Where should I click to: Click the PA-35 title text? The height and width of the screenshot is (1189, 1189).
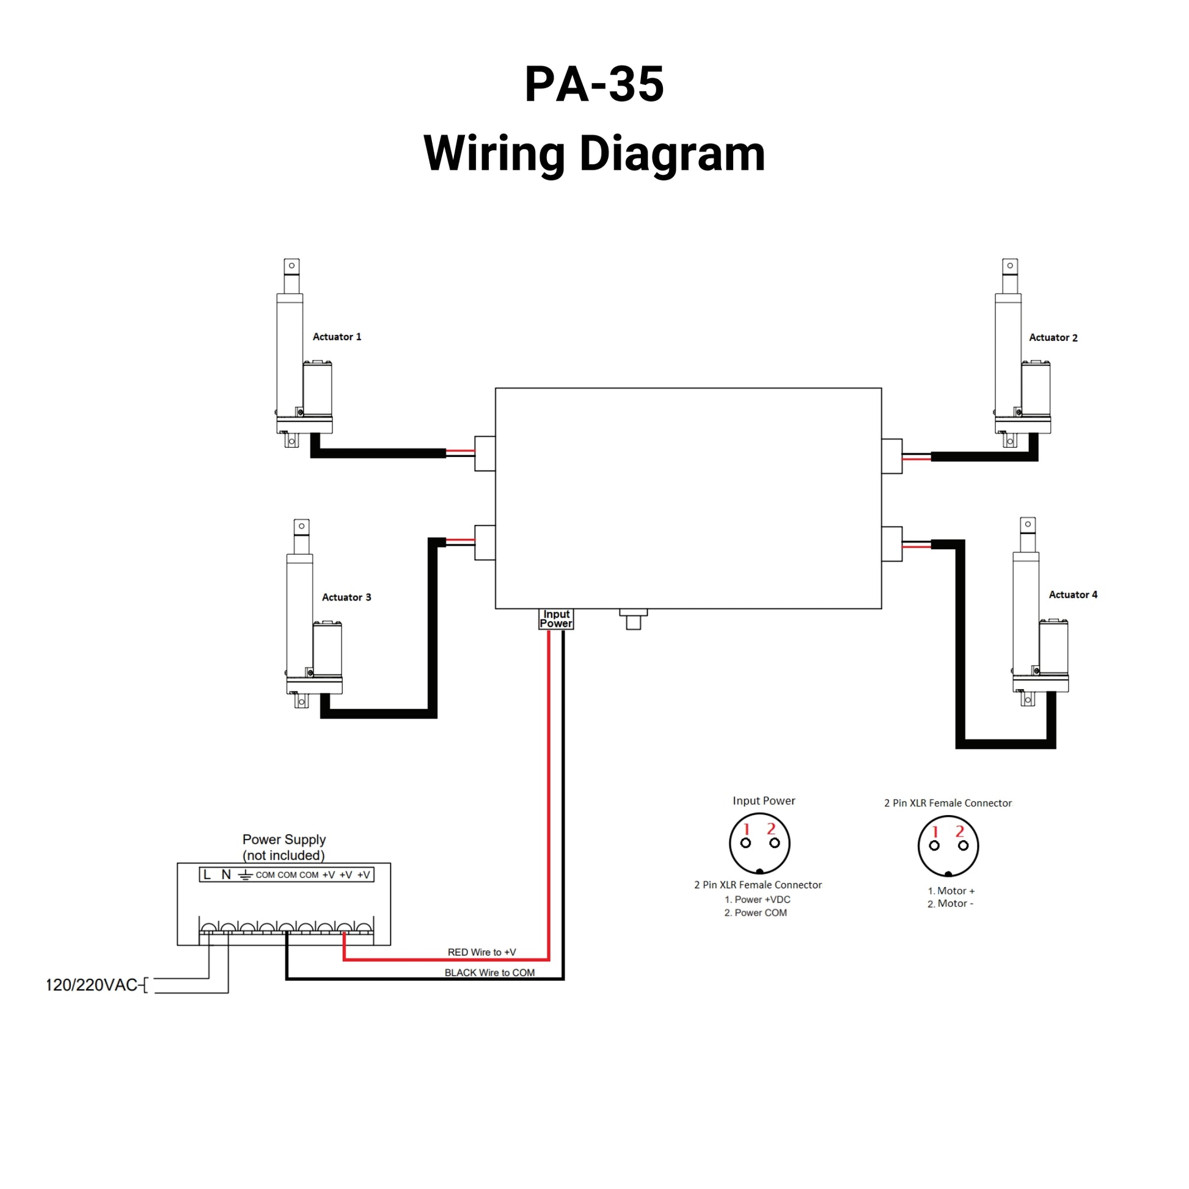pos(594,84)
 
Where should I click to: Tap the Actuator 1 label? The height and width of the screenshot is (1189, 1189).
pos(337,337)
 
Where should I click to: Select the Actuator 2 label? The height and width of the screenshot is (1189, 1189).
pos(1053,338)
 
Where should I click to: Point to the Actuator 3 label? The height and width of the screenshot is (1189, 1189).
pos(346,597)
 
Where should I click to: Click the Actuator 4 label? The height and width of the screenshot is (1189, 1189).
pos(1073,594)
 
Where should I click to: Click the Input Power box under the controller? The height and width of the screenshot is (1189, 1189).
pos(556,618)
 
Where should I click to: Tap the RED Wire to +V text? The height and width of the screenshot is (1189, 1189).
pos(481,952)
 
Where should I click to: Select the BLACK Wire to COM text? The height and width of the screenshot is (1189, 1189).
pos(489,972)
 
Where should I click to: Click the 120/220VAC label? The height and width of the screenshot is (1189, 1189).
pos(92,985)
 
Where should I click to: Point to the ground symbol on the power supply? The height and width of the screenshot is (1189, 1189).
pos(246,874)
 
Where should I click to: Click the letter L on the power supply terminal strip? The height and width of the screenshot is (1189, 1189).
pos(207,874)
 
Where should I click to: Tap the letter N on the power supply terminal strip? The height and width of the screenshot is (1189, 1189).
pos(226,874)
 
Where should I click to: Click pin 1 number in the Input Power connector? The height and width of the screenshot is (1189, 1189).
pos(747,829)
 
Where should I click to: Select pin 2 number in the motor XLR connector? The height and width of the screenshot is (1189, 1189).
pos(959,832)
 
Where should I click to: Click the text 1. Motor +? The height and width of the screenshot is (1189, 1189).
pos(951,890)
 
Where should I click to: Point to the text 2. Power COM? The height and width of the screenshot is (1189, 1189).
pos(755,913)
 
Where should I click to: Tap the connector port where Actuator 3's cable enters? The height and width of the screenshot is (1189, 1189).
pos(485,542)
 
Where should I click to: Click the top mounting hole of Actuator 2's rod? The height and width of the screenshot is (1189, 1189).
pos(1010,266)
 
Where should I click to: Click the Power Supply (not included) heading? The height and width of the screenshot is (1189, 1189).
pos(284,847)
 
